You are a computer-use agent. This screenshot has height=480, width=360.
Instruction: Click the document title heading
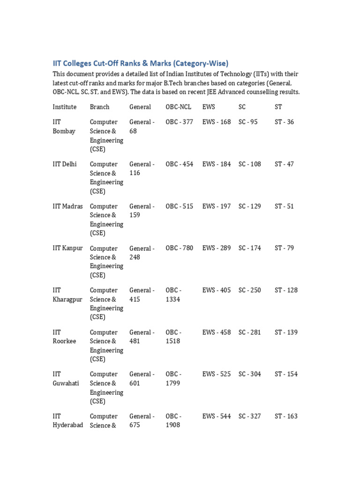(140, 63)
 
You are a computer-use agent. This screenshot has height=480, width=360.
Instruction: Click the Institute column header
(65, 107)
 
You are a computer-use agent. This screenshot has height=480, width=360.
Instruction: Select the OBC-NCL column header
(179, 107)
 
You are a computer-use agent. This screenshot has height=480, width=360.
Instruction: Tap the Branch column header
(99, 107)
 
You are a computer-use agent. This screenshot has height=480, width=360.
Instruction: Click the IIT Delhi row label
(65, 164)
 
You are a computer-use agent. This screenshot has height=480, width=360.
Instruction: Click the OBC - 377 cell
(179, 122)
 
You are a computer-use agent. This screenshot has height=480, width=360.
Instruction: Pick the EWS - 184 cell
(217, 164)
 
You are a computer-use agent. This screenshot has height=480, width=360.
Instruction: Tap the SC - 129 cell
(250, 206)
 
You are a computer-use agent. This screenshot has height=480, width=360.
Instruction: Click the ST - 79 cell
(285, 248)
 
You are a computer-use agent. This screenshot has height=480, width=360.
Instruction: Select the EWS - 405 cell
(217, 290)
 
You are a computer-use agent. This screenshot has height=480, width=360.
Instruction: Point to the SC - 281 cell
(250, 332)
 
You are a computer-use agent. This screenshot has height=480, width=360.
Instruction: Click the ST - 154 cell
(286, 374)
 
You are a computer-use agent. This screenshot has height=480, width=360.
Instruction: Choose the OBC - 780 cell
(179, 248)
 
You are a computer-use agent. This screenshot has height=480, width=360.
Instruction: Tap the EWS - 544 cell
(217, 416)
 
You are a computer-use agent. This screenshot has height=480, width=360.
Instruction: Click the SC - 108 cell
(250, 164)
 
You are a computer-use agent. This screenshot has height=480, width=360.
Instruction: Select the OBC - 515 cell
(179, 206)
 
